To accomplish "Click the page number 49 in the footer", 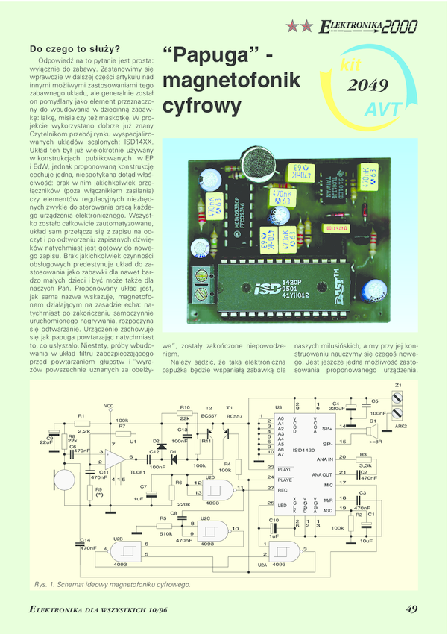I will pos(411,609).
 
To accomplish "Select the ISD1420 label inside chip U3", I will pos(303,450).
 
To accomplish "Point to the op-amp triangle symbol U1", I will pos(116,457).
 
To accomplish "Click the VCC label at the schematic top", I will pos(109,407).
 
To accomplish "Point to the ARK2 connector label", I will pos(400,426).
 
